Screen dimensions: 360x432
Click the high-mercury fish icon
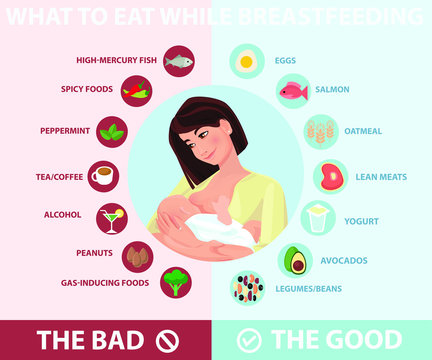point(178,61)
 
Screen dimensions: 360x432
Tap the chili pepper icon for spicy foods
point(137,90)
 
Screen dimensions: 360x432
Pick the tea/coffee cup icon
point(102,176)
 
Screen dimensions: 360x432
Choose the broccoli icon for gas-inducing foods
point(177,282)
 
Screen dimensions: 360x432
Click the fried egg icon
point(245,61)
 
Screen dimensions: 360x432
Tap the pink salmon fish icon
point(291,91)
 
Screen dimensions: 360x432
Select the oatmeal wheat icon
point(319,131)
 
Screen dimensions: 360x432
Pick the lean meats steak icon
point(329,177)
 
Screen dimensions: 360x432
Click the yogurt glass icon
point(318,218)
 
